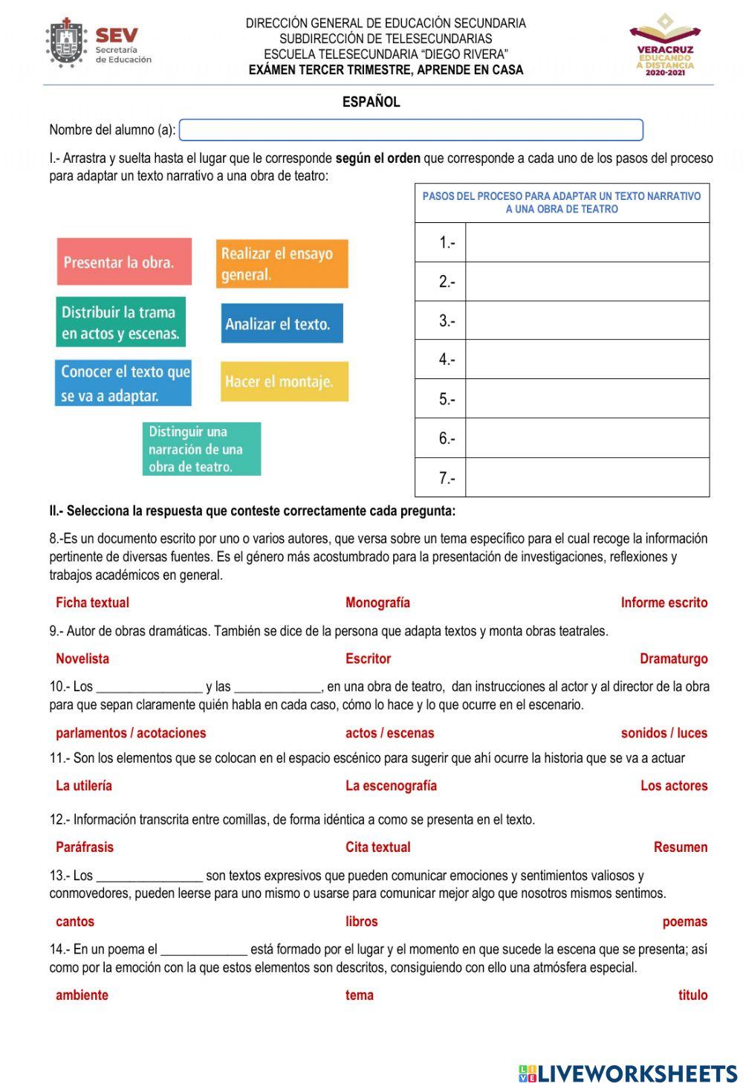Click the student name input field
pyautogui.click(x=411, y=130)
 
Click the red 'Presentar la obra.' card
pyautogui.click(x=124, y=262)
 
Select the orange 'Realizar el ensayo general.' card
pyautogui.click(x=282, y=264)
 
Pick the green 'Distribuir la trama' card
pyautogui.click(x=120, y=323)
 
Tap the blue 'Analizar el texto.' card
pyautogui.click(x=282, y=323)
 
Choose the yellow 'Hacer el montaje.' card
pyautogui.click(x=284, y=381)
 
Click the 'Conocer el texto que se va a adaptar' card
pyautogui.click(x=123, y=383)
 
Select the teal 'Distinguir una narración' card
pyautogui.click(x=201, y=449)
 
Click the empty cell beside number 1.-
pyautogui.click(x=587, y=242)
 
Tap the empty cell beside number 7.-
pyautogui.click(x=587, y=477)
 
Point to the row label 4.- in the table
pyautogui.click(x=447, y=360)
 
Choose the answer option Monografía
pyautogui.click(x=377, y=603)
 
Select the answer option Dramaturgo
pyautogui.click(x=673, y=659)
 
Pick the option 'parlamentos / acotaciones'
pyautogui.click(x=131, y=733)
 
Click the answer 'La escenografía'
pyautogui.click(x=391, y=786)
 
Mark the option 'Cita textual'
pyautogui.click(x=377, y=847)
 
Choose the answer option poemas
pyautogui.click(x=684, y=922)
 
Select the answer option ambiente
pyautogui.click(x=82, y=995)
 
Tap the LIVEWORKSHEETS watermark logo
pyautogui.click(x=628, y=1073)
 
